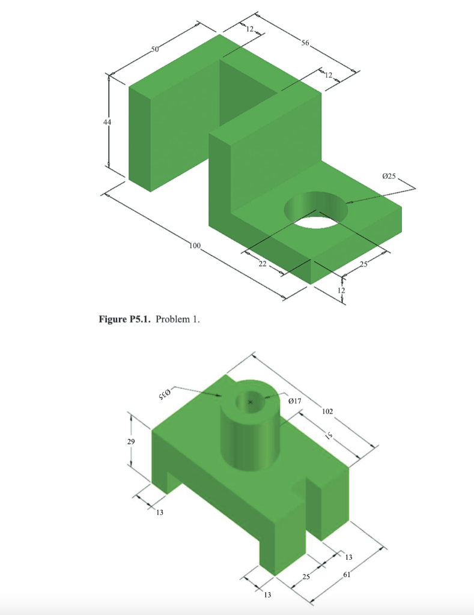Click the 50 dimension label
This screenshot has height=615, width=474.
155,49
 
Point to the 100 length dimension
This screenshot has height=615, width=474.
193,246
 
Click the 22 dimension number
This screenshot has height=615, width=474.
262,265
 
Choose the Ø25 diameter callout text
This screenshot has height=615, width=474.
389,176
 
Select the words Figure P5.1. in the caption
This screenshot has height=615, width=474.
125,320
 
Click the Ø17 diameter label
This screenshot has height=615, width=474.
294,400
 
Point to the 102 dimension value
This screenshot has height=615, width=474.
327,412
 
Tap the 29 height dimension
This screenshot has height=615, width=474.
132,441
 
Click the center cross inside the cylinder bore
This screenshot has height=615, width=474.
251,401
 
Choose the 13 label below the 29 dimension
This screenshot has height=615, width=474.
159,512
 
